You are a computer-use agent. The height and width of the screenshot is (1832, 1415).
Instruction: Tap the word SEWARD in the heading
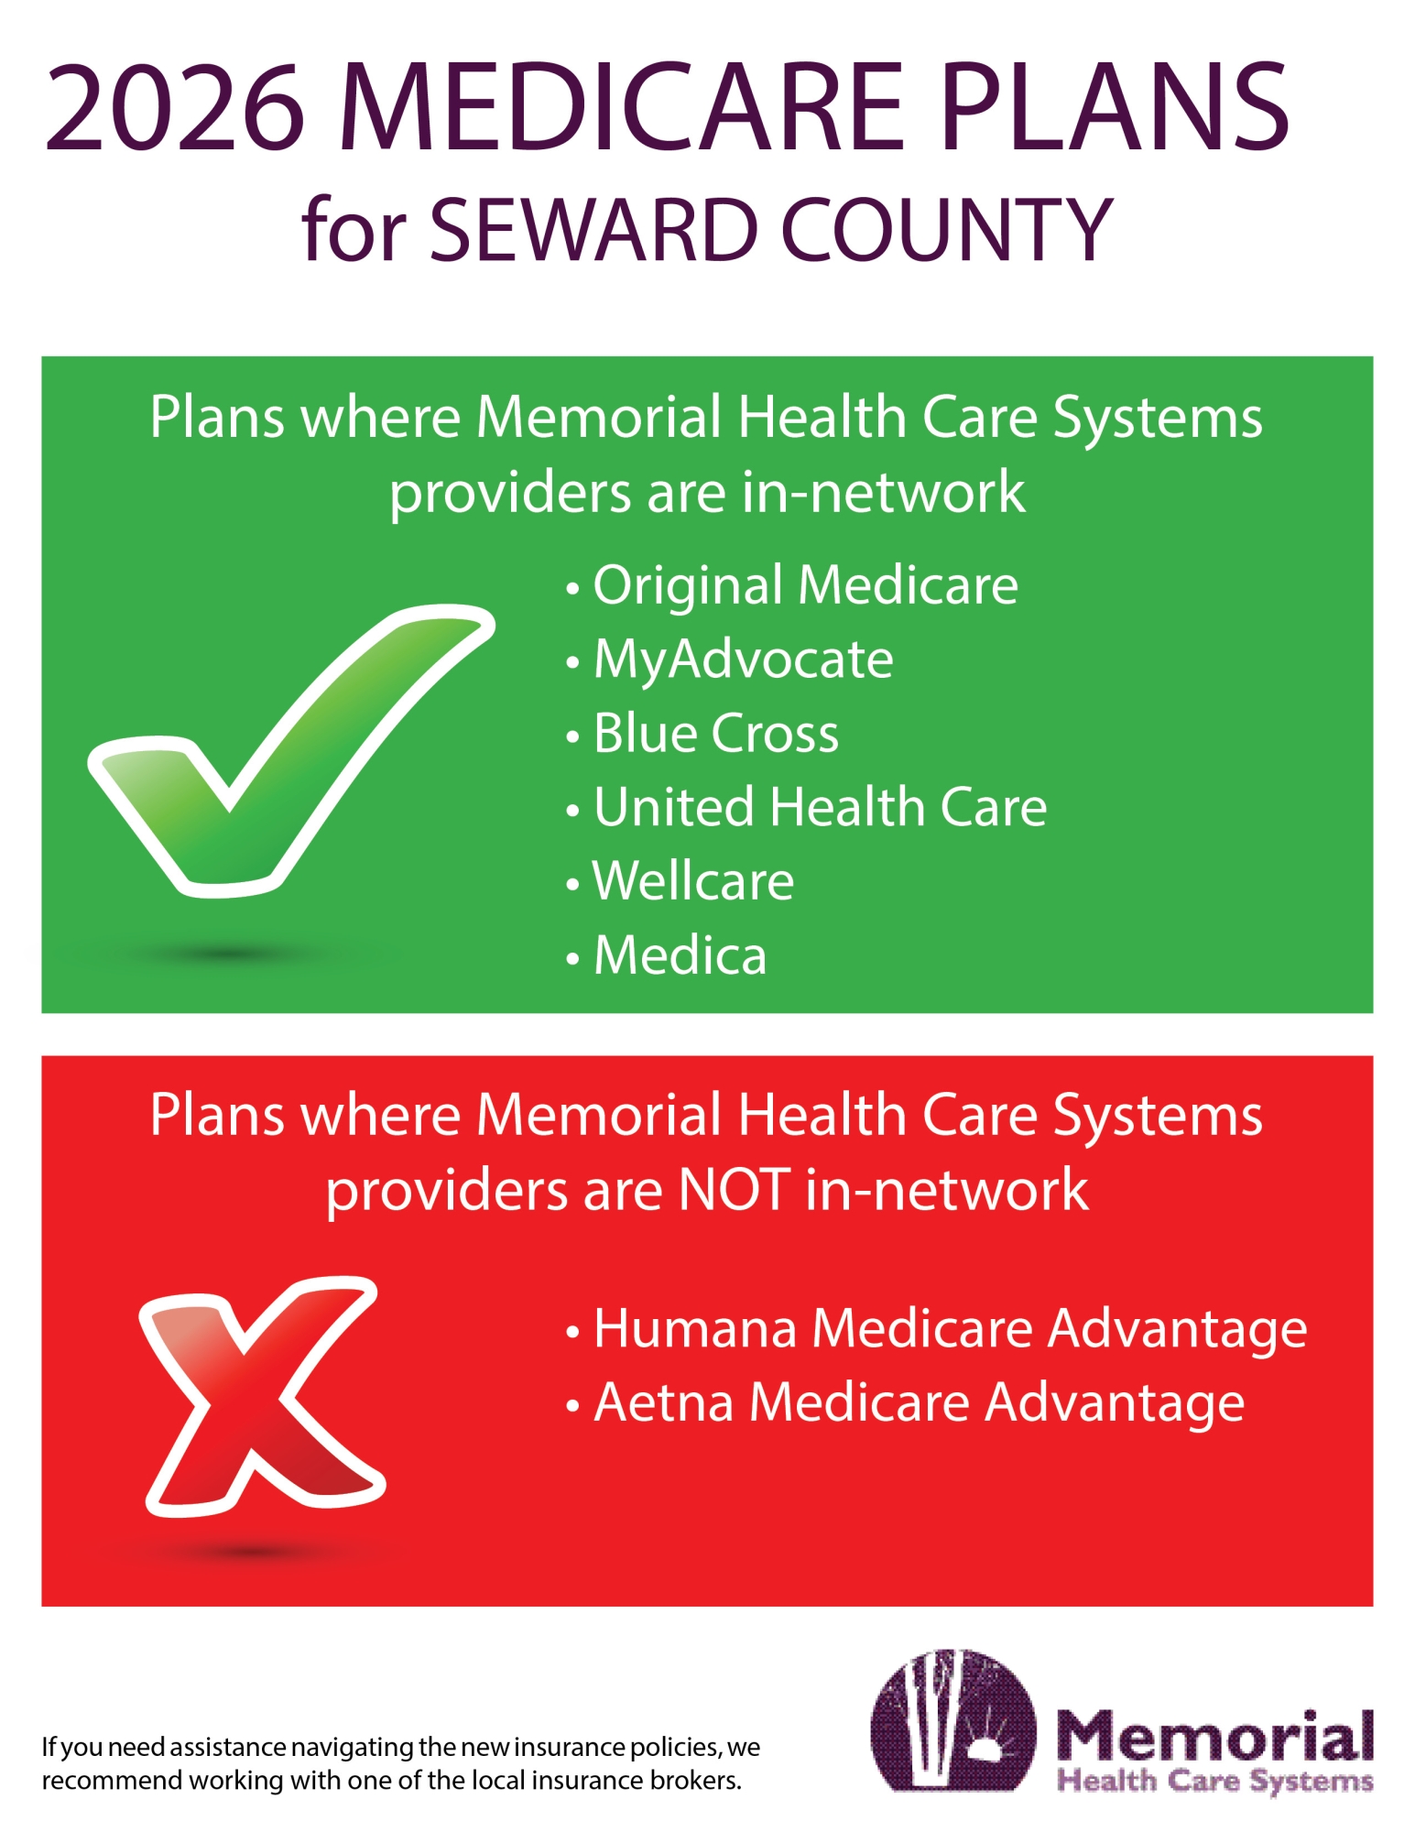(593, 231)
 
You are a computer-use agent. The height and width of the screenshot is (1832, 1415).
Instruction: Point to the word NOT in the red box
(733, 1190)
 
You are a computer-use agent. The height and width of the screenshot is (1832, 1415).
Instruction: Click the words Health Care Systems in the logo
(1214, 1782)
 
